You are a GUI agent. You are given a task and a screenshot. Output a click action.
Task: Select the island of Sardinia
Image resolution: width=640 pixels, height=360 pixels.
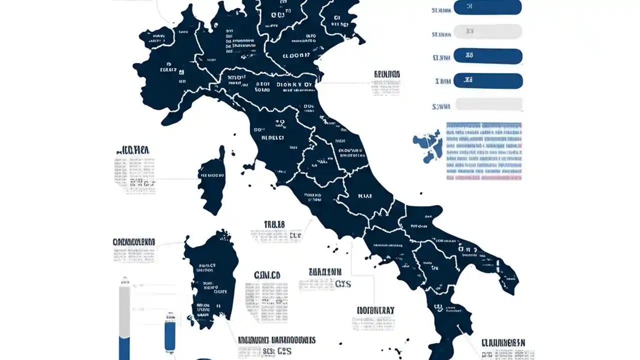[x=210, y=280]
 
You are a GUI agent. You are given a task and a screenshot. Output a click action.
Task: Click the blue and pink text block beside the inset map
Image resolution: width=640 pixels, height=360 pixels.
[x=483, y=151]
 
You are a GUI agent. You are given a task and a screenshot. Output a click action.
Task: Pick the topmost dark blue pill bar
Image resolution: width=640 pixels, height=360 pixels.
[x=487, y=7]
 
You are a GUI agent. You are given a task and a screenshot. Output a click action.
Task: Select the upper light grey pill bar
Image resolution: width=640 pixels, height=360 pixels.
[x=487, y=31]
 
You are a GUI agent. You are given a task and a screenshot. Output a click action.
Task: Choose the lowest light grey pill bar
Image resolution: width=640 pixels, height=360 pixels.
[x=488, y=104]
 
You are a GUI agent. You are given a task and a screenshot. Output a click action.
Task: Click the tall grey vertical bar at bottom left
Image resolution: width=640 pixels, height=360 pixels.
[x=124, y=320]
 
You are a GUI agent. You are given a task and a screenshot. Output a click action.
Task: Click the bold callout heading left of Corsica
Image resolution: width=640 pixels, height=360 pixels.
[x=133, y=150]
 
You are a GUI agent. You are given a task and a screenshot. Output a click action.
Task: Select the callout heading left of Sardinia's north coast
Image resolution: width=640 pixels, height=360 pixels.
[x=134, y=242]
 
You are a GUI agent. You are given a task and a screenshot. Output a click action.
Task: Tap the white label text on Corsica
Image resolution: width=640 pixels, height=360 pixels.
[x=211, y=175]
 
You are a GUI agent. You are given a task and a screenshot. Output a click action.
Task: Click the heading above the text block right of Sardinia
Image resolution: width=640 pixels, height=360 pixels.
[x=267, y=275]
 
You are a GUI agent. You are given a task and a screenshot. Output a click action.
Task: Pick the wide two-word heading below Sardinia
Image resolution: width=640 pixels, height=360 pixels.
[x=276, y=340]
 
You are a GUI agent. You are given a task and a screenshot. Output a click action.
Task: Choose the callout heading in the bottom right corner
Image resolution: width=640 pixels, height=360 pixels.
[x=503, y=343]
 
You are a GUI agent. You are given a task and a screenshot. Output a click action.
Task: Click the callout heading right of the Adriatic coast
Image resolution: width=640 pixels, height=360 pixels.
[x=387, y=74]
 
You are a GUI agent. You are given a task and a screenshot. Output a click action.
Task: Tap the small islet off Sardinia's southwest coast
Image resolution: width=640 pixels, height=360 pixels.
[x=190, y=317]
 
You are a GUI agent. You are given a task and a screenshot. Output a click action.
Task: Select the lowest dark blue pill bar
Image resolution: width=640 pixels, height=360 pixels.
[x=488, y=80]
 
